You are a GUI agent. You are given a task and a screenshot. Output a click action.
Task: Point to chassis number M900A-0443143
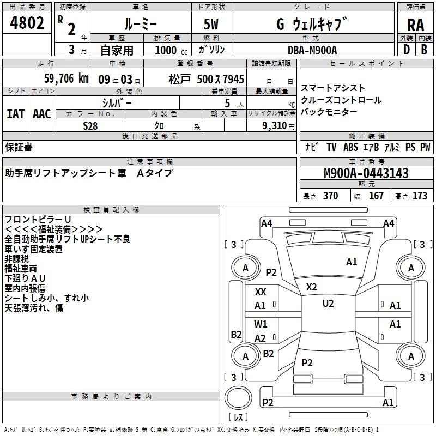point(366,173)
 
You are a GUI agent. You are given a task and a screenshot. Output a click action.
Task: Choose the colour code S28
point(91,125)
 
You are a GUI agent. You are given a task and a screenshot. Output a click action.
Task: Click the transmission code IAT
point(15,114)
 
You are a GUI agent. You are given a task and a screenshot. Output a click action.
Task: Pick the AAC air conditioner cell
point(42,114)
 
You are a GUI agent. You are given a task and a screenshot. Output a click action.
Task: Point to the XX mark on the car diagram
point(261,292)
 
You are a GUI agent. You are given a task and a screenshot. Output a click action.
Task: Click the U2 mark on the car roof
point(328,304)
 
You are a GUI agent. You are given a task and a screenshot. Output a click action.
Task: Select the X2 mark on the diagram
point(311,287)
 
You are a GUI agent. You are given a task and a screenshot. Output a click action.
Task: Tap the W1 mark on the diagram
point(261,324)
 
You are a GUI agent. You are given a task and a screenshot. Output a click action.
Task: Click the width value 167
point(376,196)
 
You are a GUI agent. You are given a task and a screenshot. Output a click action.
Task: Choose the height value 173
point(420,196)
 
